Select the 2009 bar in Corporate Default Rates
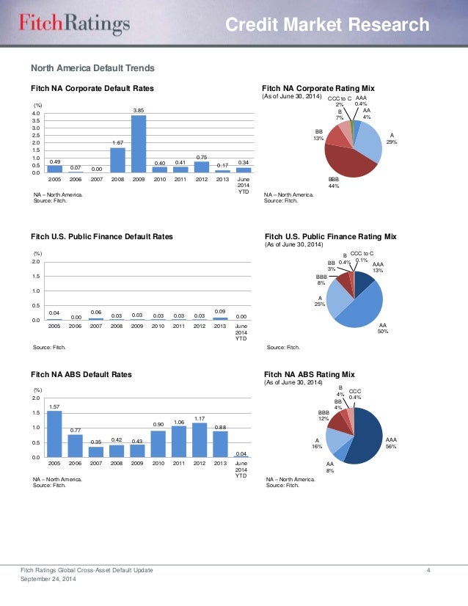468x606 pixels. click(x=138, y=144)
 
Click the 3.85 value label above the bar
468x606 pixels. click(x=138, y=110)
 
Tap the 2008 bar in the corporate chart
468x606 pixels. click(x=117, y=160)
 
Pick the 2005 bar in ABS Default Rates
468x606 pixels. click(x=54, y=434)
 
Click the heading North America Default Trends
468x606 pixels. click(x=92, y=68)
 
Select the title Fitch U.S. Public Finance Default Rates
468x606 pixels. click(x=102, y=237)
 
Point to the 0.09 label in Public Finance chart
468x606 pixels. click(x=220, y=313)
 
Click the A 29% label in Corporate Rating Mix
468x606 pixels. click(x=392, y=138)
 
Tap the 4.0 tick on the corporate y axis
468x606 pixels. click(x=36, y=114)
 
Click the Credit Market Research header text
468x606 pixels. click(x=327, y=26)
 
